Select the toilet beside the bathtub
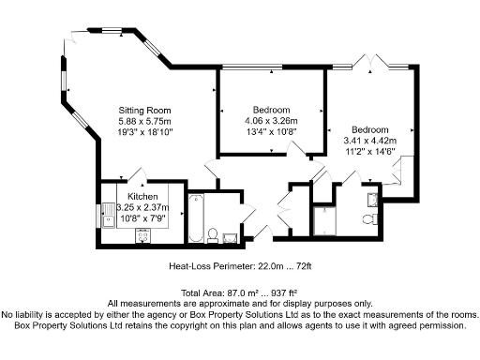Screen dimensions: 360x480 tap(214, 232)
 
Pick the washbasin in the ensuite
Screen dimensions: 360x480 tap(372, 198)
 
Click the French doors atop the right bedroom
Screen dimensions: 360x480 tap(373, 63)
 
